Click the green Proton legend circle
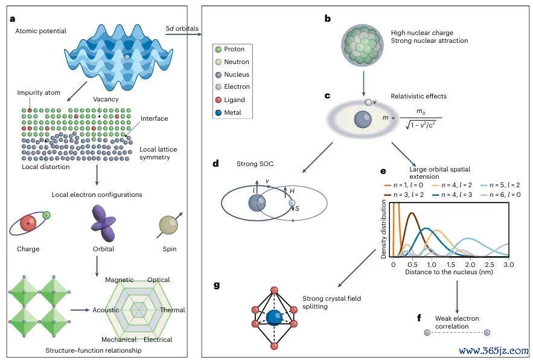click(x=219, y=50)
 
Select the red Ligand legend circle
click(x=219, y=100)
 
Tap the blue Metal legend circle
click(x=219, y=112)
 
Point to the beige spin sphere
click(x=168, y=225)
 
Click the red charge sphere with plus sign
click(x=28, y=223)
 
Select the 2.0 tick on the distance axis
click(x=470, y=265)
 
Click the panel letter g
click(x=217, y=285)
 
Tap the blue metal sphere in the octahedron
click(x=274, y=318)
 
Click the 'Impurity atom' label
click(x=39, y=92)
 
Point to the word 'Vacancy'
click(x=106, y=99)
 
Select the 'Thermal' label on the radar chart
click(x=173, y=310)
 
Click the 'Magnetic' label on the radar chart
click(x=120, y=280)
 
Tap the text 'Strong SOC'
click(x=255, y=164)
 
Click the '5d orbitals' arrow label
click(x=182, y=28)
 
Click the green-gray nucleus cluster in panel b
click(x=363, y=46)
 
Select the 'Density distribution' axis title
click(x=383, y=229)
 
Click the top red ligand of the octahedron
click(x=274, y=291)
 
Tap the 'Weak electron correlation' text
click(x=457, y=323)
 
